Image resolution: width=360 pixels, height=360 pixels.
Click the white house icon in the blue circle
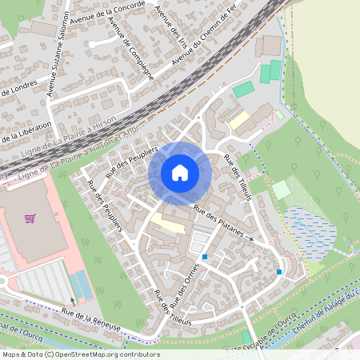pyautogui.click(x=180, y=173)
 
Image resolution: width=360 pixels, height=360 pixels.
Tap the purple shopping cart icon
pyautogui.click(x=30, y=218)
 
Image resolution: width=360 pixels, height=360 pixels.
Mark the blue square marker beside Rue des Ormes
pyautogui.click(x=206, y=257)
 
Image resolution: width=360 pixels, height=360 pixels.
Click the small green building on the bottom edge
pyautogui.click(x=246, y=337)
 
